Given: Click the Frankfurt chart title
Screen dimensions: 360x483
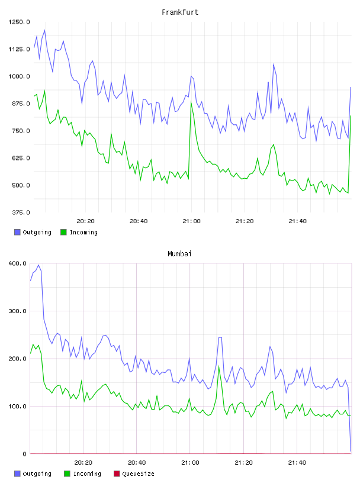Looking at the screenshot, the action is tap(180, 12).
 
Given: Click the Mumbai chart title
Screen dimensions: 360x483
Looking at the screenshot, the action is tap(179, 253).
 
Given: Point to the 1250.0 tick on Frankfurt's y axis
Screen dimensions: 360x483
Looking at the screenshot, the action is tap(19, 22).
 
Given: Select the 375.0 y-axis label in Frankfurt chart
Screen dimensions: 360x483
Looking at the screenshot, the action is tap(21, 212).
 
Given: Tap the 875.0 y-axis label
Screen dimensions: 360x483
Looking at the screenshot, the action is tap(21, 104).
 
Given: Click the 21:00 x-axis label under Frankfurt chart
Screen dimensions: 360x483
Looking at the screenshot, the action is tap(191, 221).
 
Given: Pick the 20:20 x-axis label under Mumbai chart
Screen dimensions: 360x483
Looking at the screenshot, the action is tap(83, 462).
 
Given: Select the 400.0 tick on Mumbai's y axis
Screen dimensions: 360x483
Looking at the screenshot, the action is tap(18, 263).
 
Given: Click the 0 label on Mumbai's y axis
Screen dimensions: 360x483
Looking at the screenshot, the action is tap(24, 454).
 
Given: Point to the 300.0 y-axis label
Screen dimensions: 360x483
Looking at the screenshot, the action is tap(18, 311).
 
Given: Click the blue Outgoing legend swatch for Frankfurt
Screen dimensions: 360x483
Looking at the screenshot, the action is tap(17, 232).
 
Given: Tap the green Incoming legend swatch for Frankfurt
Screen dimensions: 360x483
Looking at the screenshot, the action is tap(63, 232).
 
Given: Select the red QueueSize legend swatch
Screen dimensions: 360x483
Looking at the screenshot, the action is tap(117, 474).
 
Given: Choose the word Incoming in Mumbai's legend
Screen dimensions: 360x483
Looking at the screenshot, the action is tap(87, 474).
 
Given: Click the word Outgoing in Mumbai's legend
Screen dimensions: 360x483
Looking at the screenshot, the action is tap(37, 474).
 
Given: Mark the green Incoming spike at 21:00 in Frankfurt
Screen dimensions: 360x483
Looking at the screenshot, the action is tap(191, 102).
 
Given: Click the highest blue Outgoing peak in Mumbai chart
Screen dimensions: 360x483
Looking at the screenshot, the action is tap(38, 265).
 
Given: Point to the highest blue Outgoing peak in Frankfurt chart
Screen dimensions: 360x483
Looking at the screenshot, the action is tap(44, 30).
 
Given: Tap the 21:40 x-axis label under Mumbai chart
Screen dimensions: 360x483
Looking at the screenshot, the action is tap(297, 462).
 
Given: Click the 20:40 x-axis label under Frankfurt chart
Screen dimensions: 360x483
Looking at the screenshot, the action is tap(139, 221).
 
